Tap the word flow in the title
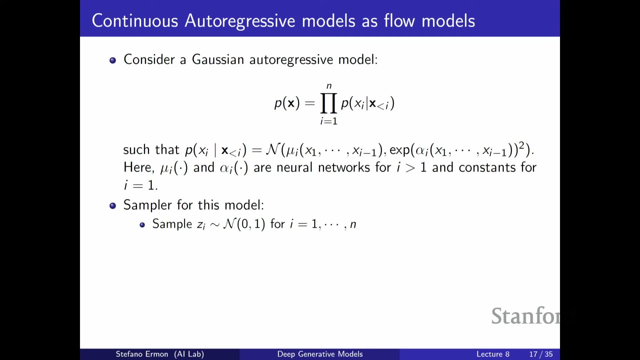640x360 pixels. tap(399, 21)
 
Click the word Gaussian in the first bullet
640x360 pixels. tap(218, 59)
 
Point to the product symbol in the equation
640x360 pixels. tap(328, 103)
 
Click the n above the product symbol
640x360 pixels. tap(329, 86)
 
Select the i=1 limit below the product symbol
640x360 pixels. tap(329, 121)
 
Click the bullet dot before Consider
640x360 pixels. tap(113, 60)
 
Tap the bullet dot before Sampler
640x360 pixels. tap(113, 206)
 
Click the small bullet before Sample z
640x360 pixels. tap(142, 225)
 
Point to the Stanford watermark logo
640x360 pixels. tap(526, 316)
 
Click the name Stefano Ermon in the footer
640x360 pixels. tap(142, 354)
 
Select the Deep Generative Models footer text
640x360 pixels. tap(320, 354)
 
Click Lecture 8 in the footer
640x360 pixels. tap(493, 354)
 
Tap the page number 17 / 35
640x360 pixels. tap(541, 354)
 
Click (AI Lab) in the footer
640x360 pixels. tap(189, 354)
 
